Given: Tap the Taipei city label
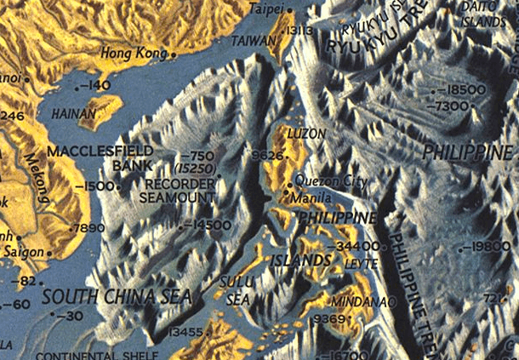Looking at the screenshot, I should [x=267, y=9].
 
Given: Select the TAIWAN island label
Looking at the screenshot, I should [x=250, y=40].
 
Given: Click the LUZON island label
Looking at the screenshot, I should [x=307, y=134].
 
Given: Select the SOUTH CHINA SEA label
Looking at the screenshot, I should [x=116, y=296].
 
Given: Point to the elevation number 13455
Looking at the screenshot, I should [x=185, y=331].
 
